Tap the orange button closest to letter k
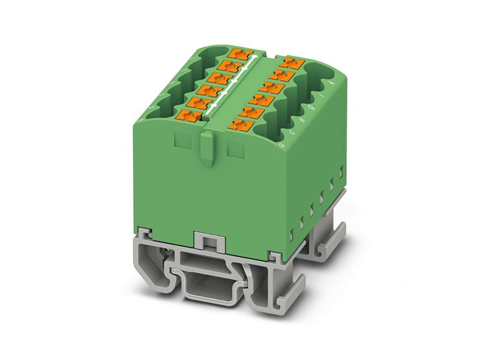[293, 61]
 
